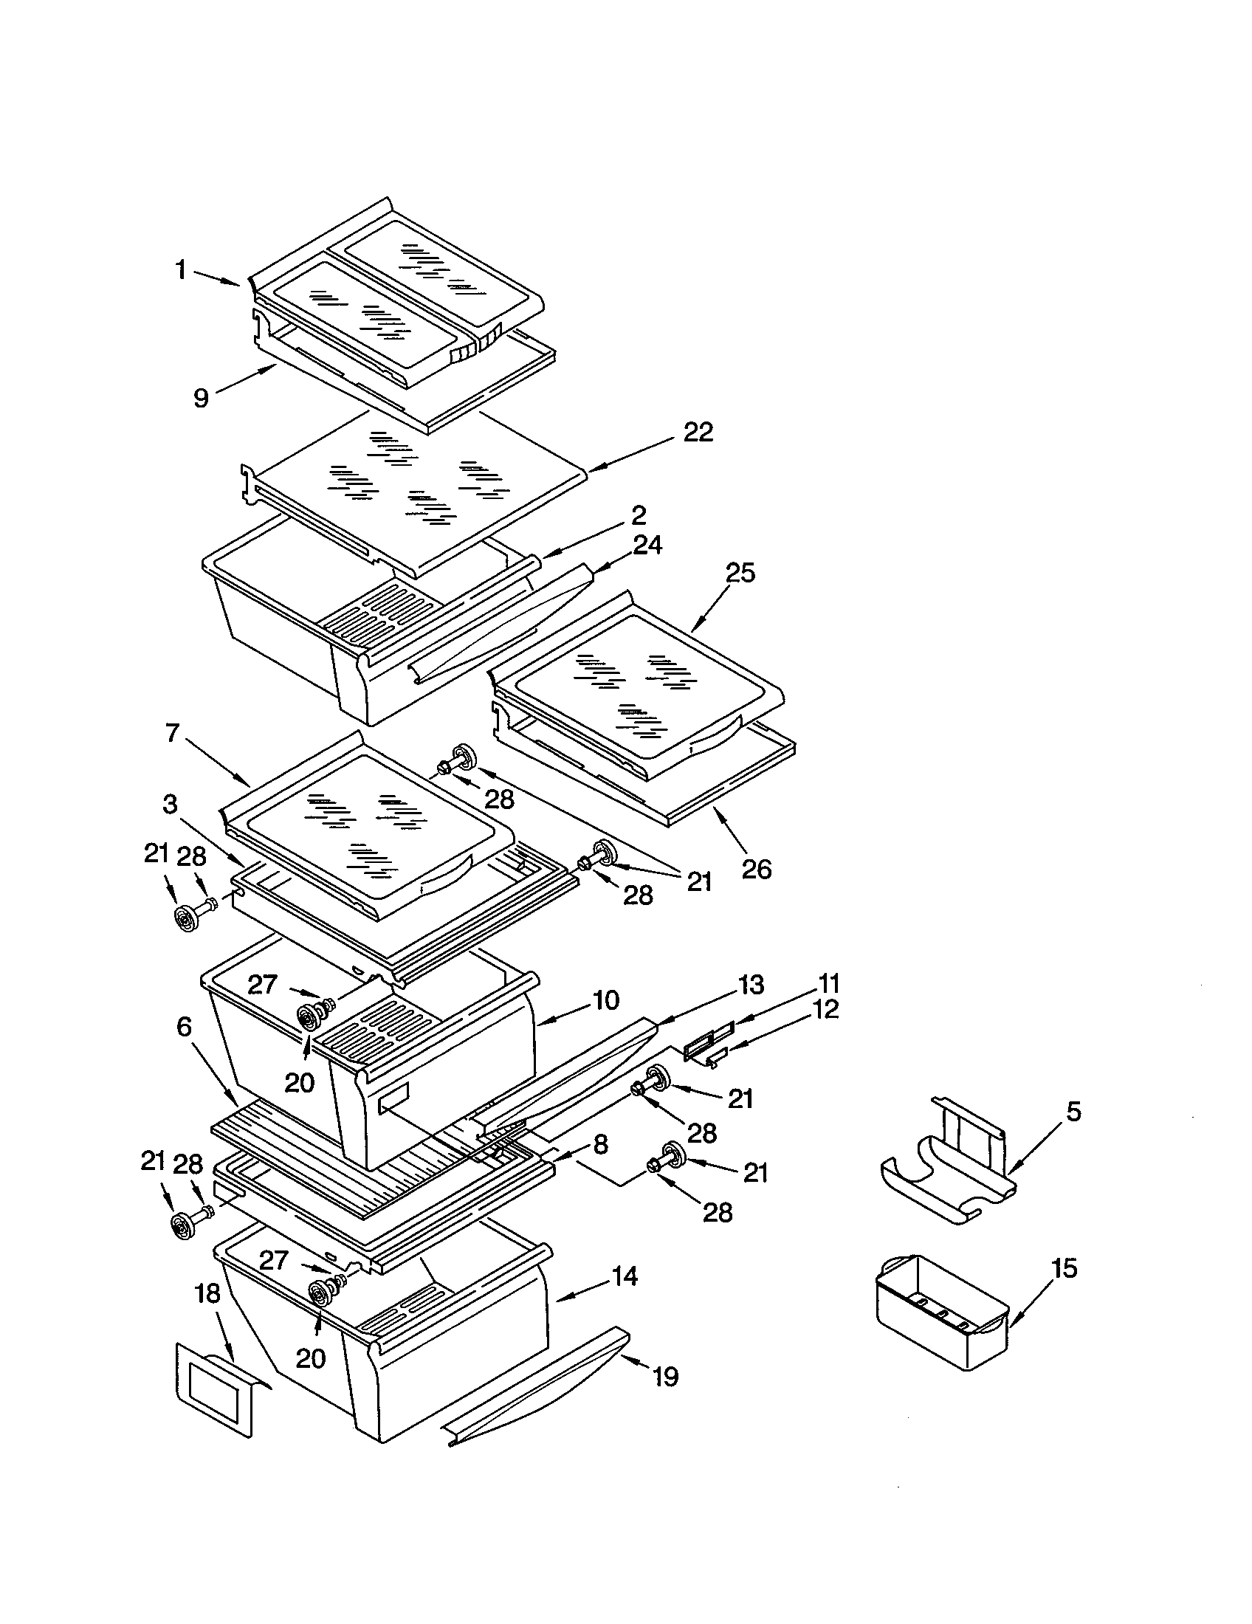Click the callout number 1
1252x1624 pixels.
(x=181, y=270)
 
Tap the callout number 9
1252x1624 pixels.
(x=201, y=398)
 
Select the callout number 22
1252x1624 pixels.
(x=698, y=432)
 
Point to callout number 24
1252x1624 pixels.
(x=647, y=546)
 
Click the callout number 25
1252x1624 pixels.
(x=740, y=574)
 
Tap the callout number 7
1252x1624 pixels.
(x=173, y=733)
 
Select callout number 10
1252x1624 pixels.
(x=606, y=1000)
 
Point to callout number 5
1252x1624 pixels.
(x=1073, y=1112)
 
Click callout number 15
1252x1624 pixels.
(x=1064, y=1267)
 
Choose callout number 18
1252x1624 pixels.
(x=207, y=1294)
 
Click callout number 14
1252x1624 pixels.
(x=625, y=1277)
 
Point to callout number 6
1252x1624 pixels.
(x=185, y=1027)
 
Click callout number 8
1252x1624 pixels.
(x=601, y=1144)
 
